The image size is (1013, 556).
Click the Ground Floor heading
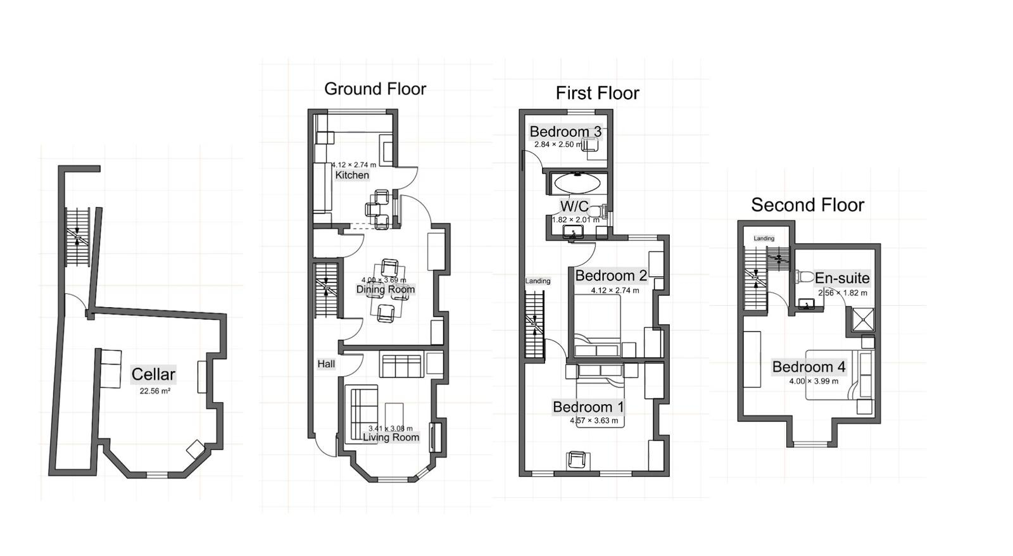pyautogui.click(x=375, y=89)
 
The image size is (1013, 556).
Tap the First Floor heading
pyautogui.click(x=598, y=93)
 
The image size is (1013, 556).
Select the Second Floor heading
pyautogui.click(x=808, y=205)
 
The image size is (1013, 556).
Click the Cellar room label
pyautogui.click(x=153, y=374)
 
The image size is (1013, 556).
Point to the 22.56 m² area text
pyautogui.click(x=154, y=391)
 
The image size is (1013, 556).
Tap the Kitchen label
pyautogui.click(x=352, y=175)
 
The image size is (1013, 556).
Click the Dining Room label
pyautogui.click(x=386, y=289)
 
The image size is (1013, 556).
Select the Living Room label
pyautogui.click(x=391, y=438)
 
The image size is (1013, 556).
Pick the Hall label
pyautogui.click(x=326, y=363)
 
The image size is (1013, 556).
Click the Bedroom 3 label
pyautogui.click(x=565, y=132)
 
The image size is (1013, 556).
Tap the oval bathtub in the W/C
pyautogui.click(x=577, y=184)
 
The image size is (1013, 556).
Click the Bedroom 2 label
pyautogui.click(x=611, y=275)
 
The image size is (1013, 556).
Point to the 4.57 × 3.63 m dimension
pyautogui.click(x=594, y=420)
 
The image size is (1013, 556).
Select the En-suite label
pyautogui.click(x=842, y=278)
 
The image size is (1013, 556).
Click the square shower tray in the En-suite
pyautogui.click(x=862, y=319)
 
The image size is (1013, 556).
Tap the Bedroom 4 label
pyautogui.click(x=809, y=367)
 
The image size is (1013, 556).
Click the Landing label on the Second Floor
pyautogui.click(x=764, y=238)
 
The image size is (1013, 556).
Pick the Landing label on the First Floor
pyautogui.click(x=538, y=281)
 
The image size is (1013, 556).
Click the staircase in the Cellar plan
pyautogui.click(x=78, y=237)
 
